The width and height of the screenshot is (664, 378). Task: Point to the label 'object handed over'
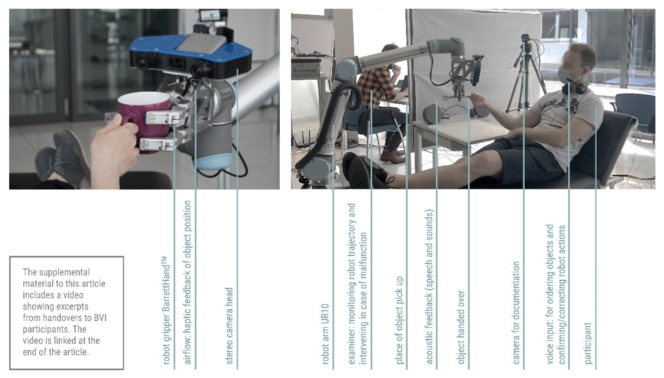[461, 327]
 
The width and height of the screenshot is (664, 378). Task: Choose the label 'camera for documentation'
[516, 313]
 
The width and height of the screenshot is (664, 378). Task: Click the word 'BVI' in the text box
[100, 318]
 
